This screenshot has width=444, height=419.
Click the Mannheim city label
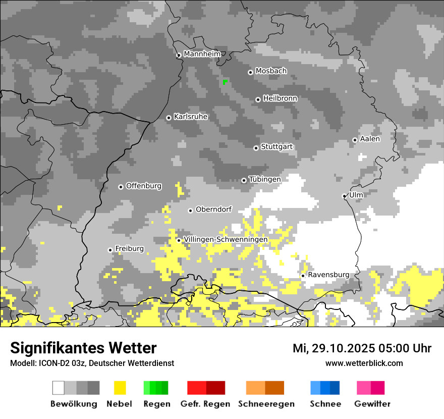tap(202, 54)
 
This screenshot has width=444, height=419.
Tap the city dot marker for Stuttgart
tap(256, 148)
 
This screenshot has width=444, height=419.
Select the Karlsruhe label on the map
tap(191, 117)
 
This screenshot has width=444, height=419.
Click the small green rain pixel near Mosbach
tap(225, 81)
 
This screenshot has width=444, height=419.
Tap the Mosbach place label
tap(271, 71)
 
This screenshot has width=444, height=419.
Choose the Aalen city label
tap(370, 139)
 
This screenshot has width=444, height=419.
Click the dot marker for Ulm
tap(344, 196)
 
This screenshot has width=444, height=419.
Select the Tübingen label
tap(265, 179)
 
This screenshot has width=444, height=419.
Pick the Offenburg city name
tap(144, 186)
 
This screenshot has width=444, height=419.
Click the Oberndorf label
tap(213, 210)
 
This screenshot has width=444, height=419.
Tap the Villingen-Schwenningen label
tap(226, 239)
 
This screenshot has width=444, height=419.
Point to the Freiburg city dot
tap(110, 250)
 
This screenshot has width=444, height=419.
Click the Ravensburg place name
tap(328, 275)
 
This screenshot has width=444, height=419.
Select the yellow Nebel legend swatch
tap(120, 388)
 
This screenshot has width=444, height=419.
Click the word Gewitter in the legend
tap(372, 404)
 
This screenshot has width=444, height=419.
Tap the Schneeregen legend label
tap(266, 404)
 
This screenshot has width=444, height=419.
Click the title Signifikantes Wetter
tap(83, 348)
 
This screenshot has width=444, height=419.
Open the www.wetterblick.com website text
tap(364, 363)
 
